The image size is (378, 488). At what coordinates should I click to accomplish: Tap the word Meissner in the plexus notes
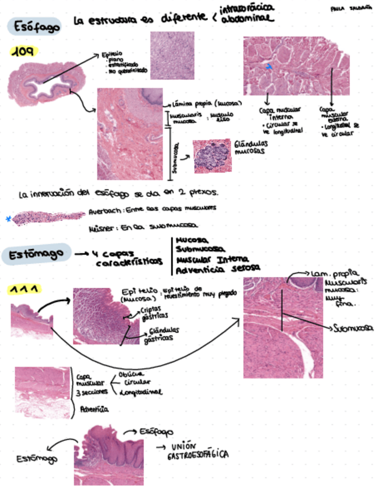coord(103,228)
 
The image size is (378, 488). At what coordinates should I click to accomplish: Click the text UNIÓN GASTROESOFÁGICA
coord(197,451)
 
